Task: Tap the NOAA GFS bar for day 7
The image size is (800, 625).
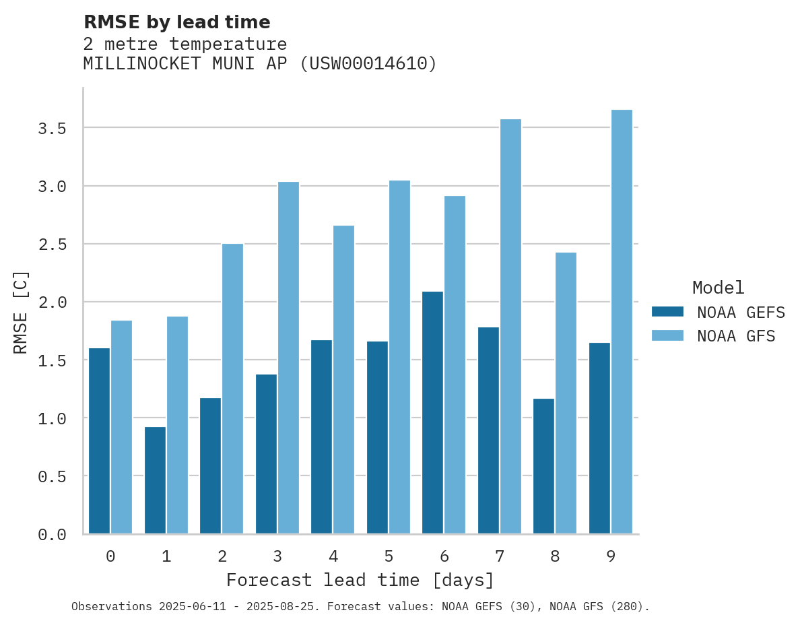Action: [510, 327]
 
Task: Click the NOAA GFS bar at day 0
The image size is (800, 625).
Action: [121, 427]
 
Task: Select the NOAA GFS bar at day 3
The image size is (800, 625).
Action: [288, 358]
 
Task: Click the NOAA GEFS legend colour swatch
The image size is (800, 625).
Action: [667, 312]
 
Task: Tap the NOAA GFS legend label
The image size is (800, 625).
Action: [736, 336]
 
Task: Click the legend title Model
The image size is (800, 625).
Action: [718, 288]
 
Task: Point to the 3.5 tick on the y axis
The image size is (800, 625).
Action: [52, 128]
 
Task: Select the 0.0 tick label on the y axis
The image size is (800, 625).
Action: [52, 535]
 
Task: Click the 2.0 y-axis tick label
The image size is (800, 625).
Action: [52, 302]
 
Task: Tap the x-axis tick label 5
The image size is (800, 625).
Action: [389, 556]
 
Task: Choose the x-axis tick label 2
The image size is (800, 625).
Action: [222, 556]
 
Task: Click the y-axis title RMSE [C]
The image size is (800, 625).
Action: [21, 312]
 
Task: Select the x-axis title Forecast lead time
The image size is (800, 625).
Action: [360, 581]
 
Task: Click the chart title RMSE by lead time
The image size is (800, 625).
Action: [176, 22]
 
